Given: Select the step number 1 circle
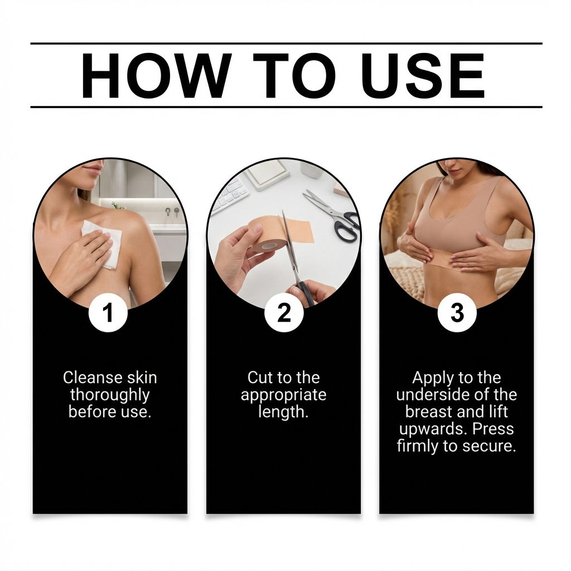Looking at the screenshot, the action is click(108, 313).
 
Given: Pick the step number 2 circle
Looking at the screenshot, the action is click(284, 313).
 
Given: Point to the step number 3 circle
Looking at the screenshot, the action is click(457, 313).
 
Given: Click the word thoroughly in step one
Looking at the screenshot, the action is click(110, 395).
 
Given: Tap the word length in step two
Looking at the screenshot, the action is click(283, 412).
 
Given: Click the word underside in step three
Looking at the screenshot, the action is click(429, 395).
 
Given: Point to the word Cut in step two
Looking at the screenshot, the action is click(259, 378).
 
